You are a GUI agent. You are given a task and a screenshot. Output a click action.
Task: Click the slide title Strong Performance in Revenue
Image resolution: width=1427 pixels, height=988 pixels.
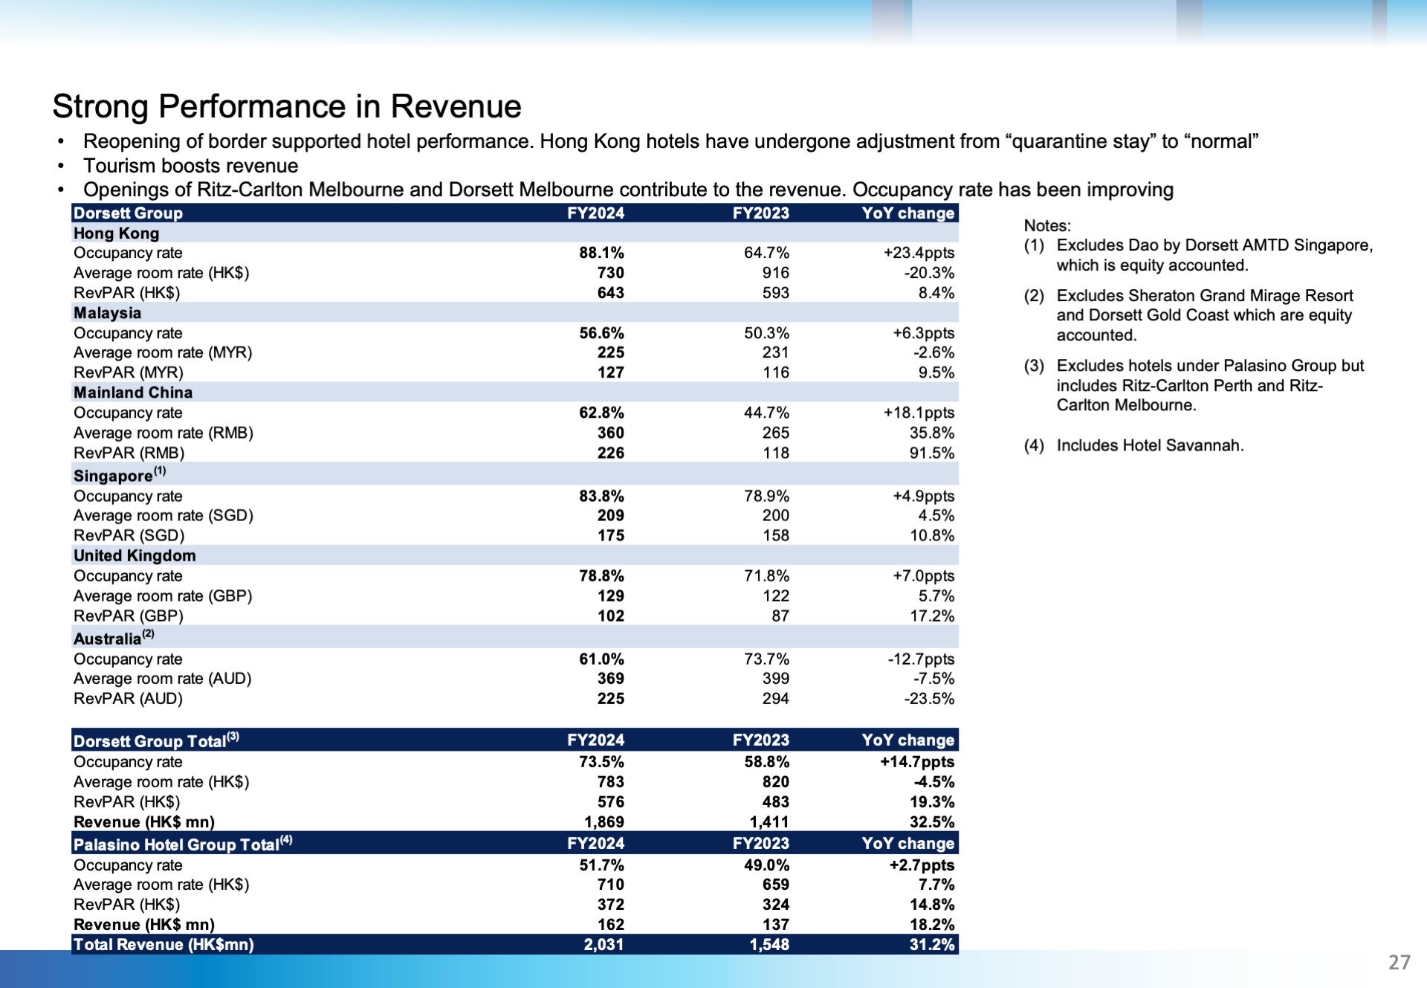[287, 106]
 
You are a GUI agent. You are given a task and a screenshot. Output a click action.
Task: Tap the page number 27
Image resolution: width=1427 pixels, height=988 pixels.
[1399, 962]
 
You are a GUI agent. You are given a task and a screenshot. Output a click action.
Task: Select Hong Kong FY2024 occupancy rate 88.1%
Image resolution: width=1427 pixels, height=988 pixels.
[601, 253]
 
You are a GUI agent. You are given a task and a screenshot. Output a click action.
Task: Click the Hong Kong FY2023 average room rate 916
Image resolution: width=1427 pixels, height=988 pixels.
[775, 273]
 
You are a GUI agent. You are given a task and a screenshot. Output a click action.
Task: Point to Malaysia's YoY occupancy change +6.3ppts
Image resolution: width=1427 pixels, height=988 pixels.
[923, 333]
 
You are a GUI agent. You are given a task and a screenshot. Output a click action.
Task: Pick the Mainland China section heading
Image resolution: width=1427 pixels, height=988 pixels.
[133, 393]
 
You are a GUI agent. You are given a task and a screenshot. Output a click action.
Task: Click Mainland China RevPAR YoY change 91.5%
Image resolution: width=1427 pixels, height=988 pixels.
[932, 453]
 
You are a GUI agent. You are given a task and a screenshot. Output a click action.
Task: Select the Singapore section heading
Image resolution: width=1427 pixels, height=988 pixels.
[120, 474]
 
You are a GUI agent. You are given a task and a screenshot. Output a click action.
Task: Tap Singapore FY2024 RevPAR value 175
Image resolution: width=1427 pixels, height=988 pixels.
[611, 535]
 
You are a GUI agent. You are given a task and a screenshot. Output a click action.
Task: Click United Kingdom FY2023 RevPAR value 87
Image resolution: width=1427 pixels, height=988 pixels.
[780, 616]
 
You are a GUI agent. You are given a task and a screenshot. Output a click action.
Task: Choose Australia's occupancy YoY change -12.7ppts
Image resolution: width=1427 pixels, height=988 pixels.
[921, 659]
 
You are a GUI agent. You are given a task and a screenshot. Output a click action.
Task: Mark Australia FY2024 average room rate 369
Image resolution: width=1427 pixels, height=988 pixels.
[611, 678]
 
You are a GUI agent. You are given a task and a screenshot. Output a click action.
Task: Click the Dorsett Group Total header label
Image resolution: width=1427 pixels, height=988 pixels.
[156, 740]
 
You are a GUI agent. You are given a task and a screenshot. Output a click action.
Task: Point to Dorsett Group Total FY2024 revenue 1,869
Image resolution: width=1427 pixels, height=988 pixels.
[604, 821]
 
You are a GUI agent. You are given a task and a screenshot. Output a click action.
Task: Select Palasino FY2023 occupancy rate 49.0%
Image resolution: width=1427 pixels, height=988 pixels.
[766, 865]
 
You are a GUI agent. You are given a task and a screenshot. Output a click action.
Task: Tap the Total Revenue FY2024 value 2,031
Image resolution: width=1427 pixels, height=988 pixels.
[604, 944]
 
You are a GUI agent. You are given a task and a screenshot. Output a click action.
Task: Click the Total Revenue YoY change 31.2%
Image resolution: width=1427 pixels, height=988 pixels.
[932, 944]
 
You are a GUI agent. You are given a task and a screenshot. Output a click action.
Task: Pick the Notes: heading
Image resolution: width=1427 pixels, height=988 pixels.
[1047, 225]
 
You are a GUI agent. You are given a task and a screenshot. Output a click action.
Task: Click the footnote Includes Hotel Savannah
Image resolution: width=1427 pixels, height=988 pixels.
[1150, 445]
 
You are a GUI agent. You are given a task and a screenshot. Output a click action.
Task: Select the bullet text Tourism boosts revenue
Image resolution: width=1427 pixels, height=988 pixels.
[190, 166]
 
